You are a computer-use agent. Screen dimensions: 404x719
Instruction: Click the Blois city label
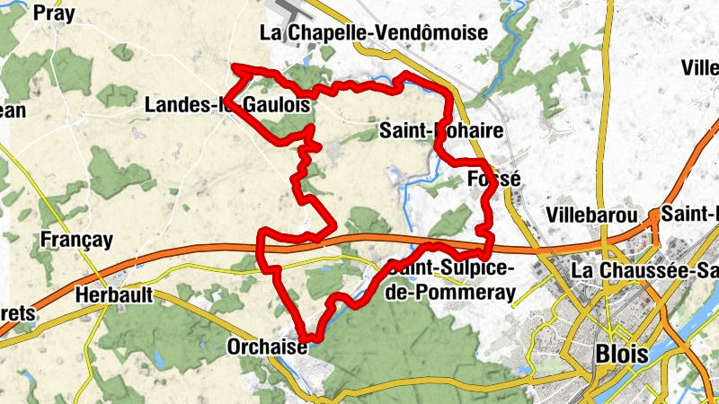621,353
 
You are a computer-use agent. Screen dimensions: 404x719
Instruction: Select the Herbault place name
113,294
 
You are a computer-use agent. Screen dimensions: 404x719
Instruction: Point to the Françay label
77,240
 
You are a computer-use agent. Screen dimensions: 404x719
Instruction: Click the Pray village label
53,13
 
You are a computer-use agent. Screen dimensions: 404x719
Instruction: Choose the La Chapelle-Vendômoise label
373,33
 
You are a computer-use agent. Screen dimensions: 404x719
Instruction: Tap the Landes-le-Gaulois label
227,105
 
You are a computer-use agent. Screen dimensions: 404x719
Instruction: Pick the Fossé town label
494,180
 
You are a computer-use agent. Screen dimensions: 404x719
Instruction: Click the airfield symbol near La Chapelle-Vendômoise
290,13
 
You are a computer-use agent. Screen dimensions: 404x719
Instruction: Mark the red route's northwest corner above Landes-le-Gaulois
235,68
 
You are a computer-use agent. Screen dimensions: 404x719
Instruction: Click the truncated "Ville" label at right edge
699,68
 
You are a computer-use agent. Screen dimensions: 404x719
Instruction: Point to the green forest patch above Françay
118,175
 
